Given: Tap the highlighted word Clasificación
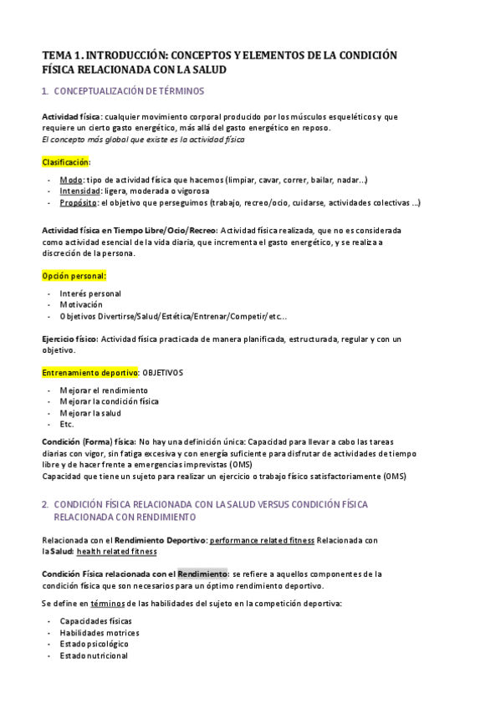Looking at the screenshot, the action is pyautogui.click(x=65, y=162).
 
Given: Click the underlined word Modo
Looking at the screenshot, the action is pyautogui.click(x=71, y=180).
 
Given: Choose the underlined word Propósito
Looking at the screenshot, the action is pyautogui.click(x=79, y=202).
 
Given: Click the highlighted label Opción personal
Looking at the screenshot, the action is pyautogui.click(x=74, y=276).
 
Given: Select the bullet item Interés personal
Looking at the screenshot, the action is pyautogui.click(x=90, y=293).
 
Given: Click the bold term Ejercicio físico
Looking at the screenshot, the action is pyautogui.click(x=69, y=339).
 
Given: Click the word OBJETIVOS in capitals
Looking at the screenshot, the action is pyautogui.click(x=163, y=372).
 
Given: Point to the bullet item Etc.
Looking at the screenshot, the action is pyautogui.click(x=67, y=424).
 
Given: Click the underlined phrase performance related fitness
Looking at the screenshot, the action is pyautogui.click(x=261, y=540).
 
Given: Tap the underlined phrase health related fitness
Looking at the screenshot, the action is pyautogui.click(x=115, y=552).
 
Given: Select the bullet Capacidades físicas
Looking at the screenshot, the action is pyautogui.click(x=95, y=621).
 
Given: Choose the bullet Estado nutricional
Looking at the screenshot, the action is pyautogui.click(x=94, y=655).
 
